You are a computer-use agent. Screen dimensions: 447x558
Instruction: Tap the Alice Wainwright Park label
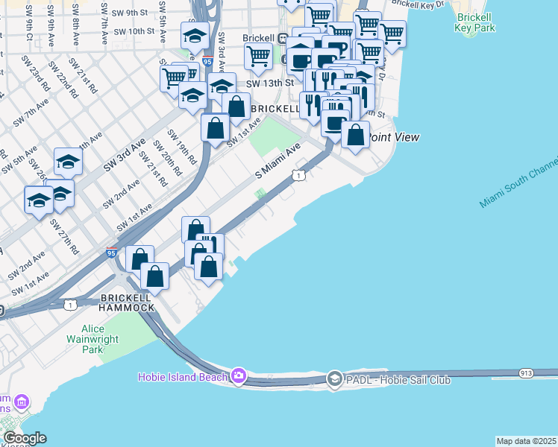click(103, 339)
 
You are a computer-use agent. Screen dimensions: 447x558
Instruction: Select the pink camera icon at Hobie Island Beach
click(239, 375)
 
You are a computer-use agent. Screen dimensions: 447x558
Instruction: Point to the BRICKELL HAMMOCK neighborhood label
click(127, 302)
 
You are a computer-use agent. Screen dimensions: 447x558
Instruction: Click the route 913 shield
click(527, 371)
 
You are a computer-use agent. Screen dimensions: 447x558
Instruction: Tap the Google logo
click(24, 438)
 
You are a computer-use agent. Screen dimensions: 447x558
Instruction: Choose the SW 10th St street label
click(135, 32)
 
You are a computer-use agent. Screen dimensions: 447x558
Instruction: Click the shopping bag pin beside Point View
click(356, 136)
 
